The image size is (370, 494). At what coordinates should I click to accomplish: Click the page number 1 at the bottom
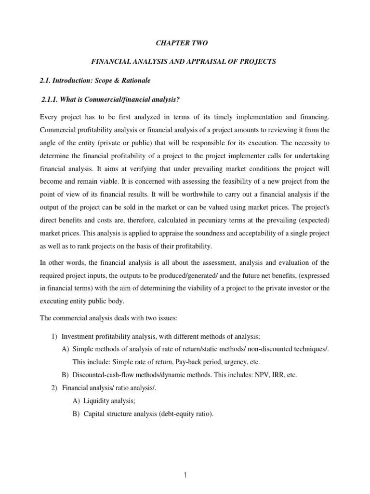point(185,475)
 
